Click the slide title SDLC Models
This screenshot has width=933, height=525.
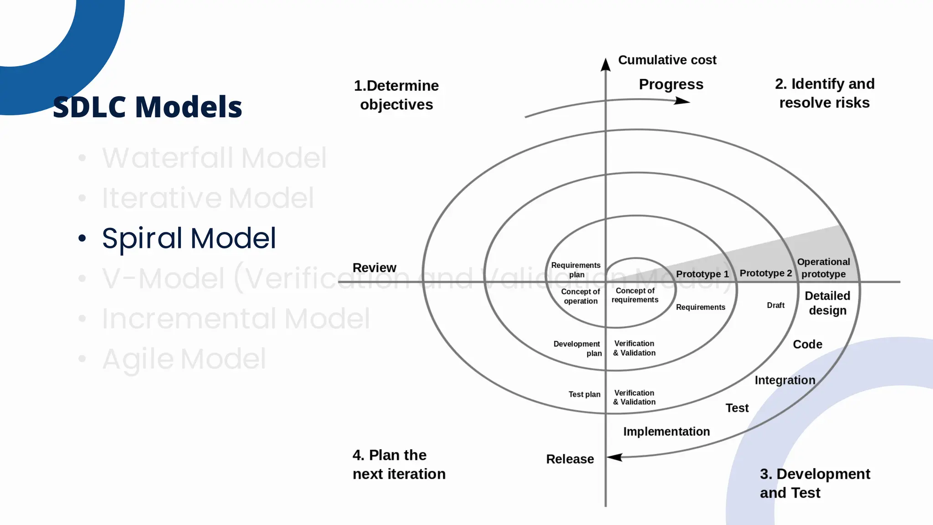(147, 107)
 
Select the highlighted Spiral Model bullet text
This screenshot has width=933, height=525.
(189, 238)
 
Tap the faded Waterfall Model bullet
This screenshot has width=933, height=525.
(214, 158)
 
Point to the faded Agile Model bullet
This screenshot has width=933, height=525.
(184, 359)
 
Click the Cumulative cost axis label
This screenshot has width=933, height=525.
(667, 60)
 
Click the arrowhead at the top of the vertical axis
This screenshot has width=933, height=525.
(605, 65)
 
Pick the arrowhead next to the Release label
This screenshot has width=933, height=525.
(615, 457)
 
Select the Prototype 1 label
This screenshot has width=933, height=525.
(702, 274)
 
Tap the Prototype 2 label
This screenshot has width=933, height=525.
(765, 273)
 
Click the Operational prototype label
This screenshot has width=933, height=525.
(823, 268)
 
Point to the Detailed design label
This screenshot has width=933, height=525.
(827, 303)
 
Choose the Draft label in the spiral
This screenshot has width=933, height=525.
(775, 305)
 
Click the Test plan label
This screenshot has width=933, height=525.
(584, 394)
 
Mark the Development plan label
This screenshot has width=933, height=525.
(577, 349)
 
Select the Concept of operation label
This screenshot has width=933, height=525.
(580, 296)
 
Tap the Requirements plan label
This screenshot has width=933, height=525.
(576, 270)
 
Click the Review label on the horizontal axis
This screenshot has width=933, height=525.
(374, 268)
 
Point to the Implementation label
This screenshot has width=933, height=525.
(666, 432)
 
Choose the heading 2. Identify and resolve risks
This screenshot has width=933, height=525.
(825, 93)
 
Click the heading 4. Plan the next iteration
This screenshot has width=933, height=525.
(399, 464)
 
